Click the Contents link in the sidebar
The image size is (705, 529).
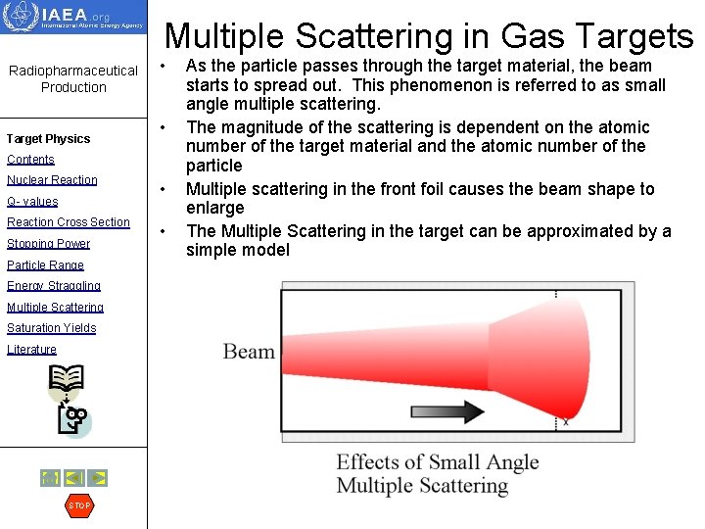(x=30, y=160)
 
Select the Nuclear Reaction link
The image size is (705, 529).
(x=52, y=180)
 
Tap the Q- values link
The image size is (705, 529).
(x=32, y=202)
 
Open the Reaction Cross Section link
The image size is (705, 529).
(x=69, y=222)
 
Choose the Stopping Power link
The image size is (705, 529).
(x=48, y=244)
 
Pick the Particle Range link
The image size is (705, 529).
(x=45, y=265)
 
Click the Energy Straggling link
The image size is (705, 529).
(x=54, y=286)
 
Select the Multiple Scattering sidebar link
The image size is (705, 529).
(x=55, y=308)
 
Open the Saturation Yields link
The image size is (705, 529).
(x=51, y=328)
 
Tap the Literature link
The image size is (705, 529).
(x=31, y=350)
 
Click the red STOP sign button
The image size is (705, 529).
(x=79, y=505)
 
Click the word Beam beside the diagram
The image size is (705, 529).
(x=249, y=352)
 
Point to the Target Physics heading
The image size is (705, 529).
(x=48, y=139)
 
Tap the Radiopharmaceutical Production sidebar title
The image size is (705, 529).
(x=73, y=78)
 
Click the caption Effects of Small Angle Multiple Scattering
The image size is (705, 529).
(x=437, y=474)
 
